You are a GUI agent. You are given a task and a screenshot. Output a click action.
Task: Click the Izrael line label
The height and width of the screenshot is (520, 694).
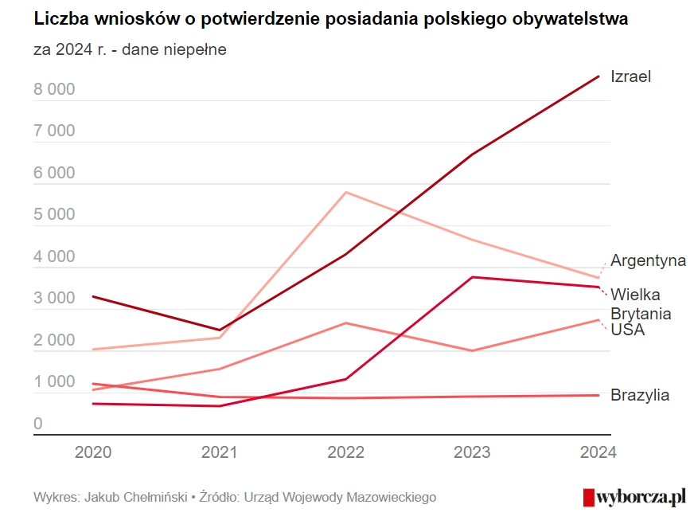tap(630, 76)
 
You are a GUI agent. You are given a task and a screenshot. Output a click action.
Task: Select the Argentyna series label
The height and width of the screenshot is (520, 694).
tap(648, 260)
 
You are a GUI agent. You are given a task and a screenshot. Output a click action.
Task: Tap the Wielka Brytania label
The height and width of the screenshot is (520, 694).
tap(641, 304)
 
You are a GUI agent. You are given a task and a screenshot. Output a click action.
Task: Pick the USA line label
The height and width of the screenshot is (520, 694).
tap(627, 330)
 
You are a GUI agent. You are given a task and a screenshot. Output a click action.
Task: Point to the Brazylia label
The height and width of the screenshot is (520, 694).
tap(640, 395)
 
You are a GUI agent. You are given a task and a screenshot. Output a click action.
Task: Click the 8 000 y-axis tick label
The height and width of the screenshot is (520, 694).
tap(54, 89)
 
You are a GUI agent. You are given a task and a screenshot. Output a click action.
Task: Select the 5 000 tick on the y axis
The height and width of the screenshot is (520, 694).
tap(54, 215)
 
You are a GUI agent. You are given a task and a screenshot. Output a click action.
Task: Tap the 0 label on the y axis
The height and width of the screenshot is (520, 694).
tap(38, 424)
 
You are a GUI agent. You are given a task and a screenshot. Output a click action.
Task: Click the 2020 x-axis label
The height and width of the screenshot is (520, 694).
tap(93, 452)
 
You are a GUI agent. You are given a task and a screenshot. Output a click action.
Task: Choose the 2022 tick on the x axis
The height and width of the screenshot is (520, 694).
tap(345, 452)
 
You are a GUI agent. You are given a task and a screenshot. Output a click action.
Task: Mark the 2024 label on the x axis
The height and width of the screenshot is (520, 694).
tap(597, 452)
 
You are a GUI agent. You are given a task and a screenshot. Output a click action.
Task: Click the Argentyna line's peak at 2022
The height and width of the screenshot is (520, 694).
tap(345, 192)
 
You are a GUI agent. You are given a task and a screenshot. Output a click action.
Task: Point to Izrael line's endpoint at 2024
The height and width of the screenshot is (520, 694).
tap(598, 76)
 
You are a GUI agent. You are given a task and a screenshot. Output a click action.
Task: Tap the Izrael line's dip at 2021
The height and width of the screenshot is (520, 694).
tap(220, 330)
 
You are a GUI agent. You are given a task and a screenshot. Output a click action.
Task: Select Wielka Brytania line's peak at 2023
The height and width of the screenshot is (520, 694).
tap(473, 277)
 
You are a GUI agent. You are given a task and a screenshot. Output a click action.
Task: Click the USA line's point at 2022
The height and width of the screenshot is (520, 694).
tap(345, 323)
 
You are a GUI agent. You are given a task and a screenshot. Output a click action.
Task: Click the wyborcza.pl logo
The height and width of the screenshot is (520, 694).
tap(634, 497)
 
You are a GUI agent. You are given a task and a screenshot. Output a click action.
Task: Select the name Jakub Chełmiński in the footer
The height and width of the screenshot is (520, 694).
tap(136, 497)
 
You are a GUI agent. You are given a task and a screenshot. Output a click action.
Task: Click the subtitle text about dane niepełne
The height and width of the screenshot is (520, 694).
tap(130, 49)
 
